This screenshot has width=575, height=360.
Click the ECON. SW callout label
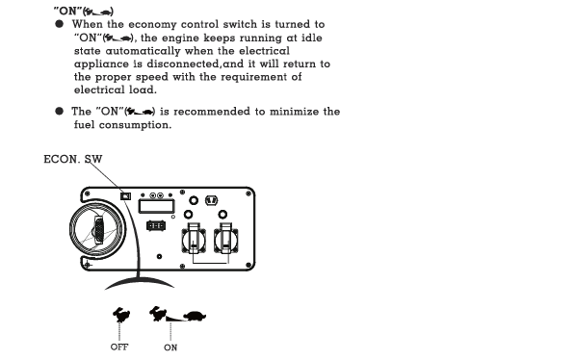pyautogui.click(x=73, y=159)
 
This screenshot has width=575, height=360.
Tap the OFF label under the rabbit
pyautogui.click(x=119, y=347)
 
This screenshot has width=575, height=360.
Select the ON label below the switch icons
pyautogui.click(x=170, y=347)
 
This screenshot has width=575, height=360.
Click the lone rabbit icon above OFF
pyautogui.click(x=121, y=315)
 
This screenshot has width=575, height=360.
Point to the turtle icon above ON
pyautogui.click(x=195, y=316)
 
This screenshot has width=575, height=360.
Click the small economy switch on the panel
pyautogui.click(x=126, y=196)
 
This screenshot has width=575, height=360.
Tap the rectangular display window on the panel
pyautogui.click(x=156, y=206)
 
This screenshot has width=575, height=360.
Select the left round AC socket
pyautogui.click(x=194, y=240)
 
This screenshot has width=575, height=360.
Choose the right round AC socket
pyautogui.click(x=226, y=240)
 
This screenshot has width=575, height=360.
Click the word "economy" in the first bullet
pyautogui.click(x=152, y=25)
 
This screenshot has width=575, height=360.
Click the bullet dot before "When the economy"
pyautogui.click(x=59, y=24)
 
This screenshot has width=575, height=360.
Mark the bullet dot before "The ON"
pyautogui.click(x=59, y=111)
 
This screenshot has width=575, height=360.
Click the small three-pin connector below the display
pyautogui.click(x=156, y=225)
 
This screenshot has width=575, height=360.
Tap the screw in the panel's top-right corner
pyautogui.click(x=248, y=193)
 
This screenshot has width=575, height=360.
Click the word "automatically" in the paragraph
pyautogui.click(x=143, y=51)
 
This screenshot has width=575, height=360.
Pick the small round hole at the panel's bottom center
pyautogui.click(x=159, y=257)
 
